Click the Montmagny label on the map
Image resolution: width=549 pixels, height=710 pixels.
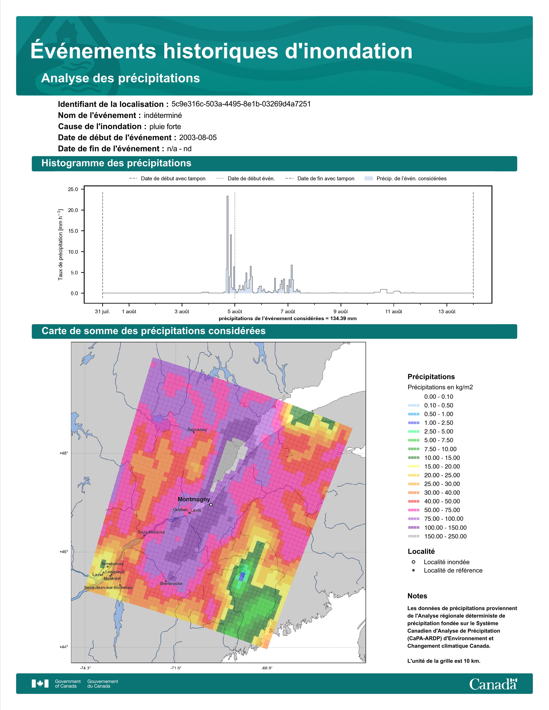click(x=194, y=499)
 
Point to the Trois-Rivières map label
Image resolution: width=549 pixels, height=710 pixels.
click(x=151, y=532)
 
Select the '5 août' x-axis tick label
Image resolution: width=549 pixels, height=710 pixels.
click(x=235, y=312)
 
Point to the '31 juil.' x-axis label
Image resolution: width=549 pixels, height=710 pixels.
click(x=102, y=312)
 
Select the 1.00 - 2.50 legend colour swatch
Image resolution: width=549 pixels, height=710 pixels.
click(x=413, y=423)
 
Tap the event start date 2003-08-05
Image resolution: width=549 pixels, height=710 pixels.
click(x=198, y=137)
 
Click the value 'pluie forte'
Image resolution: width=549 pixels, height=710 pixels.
click(x=165, y=127)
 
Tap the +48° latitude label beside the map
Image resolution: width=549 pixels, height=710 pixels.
click(x=64, y=453)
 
